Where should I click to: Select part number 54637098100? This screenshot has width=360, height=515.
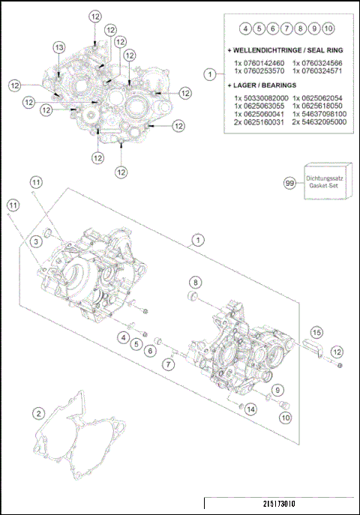tap(320, 113)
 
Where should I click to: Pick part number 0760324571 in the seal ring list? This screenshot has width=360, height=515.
tap(320, 70)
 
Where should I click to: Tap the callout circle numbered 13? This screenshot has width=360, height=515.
tap(58, 47)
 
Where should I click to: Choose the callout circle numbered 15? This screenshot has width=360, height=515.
tap(316, 331)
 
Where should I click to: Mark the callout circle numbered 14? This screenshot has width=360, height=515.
tap(250, 409)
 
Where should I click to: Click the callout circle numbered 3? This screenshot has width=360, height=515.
tap(35, 241)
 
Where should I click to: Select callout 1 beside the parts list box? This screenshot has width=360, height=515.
tap(211, 74)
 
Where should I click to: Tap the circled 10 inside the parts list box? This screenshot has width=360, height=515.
tap(328, 28)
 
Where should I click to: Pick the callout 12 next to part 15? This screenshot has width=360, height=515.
tap(337, 351)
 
